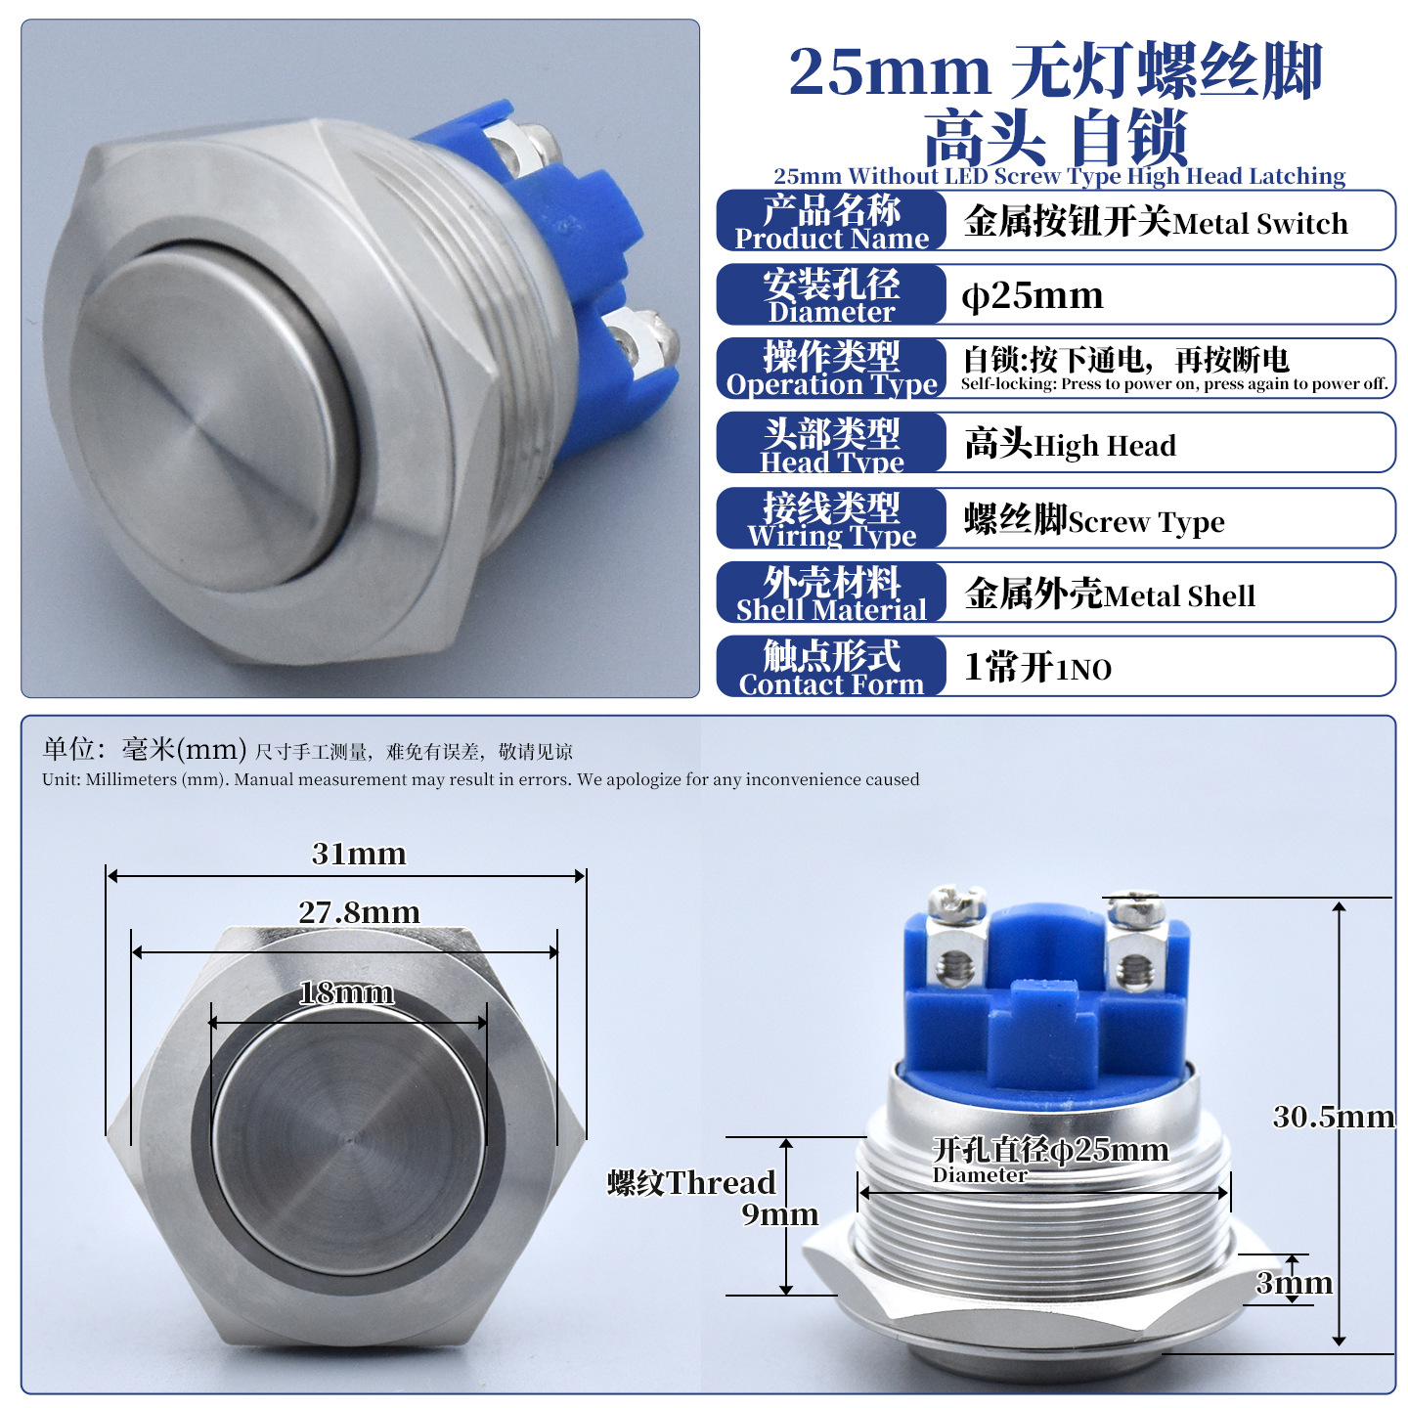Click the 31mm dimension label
[x=358, y=854]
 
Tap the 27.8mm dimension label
[x=359, y=912]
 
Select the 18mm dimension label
[x=347, y=992]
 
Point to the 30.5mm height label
[x=1333, y=1117]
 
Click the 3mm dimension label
[x=1294, y=1283]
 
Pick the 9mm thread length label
[x=779, y=1214]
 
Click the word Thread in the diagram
[x=721, y=1182]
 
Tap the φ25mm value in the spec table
[x=1031, y=295]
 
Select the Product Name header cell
[x=831, y=221]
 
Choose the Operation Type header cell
[x=831, y=369]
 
